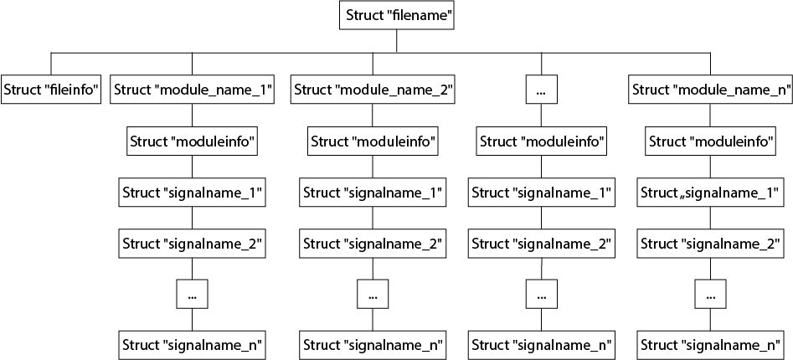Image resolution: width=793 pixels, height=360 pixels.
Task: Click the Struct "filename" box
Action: (396, 15)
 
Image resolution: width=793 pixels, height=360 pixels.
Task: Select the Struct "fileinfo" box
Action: (50, 90)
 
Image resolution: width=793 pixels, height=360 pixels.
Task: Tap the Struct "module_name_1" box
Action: (193, 90)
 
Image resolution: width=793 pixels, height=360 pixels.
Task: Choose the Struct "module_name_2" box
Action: (373, 90)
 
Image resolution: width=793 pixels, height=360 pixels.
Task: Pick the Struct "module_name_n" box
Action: (711, 90)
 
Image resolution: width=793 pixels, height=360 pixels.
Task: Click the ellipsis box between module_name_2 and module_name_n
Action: (542, 90)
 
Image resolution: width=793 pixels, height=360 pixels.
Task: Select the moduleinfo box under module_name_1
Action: (193, 141)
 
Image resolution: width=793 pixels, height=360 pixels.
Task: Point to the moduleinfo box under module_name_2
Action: (373, 141)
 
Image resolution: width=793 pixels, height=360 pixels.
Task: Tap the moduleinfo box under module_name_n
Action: (711, 141)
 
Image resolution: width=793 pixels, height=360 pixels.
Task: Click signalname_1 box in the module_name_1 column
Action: (193, 192)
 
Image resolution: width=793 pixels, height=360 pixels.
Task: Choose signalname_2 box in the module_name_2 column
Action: (373, 243)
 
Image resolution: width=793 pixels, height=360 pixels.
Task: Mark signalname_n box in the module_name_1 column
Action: (193, 345)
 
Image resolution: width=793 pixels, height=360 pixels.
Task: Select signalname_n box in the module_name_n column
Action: (711, 345)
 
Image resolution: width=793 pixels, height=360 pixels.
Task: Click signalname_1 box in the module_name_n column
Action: (711, 192)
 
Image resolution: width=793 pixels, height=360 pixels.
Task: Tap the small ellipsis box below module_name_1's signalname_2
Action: (193, 294)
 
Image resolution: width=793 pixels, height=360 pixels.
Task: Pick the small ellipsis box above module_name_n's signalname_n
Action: (711, 294)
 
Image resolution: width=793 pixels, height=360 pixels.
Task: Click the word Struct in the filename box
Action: (363, 15)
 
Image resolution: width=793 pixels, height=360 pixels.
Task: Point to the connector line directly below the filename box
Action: (397, 40)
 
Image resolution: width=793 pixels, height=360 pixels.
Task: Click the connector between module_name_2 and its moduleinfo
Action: (373, 116)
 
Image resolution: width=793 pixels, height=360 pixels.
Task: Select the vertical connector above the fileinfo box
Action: (50, 64)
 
